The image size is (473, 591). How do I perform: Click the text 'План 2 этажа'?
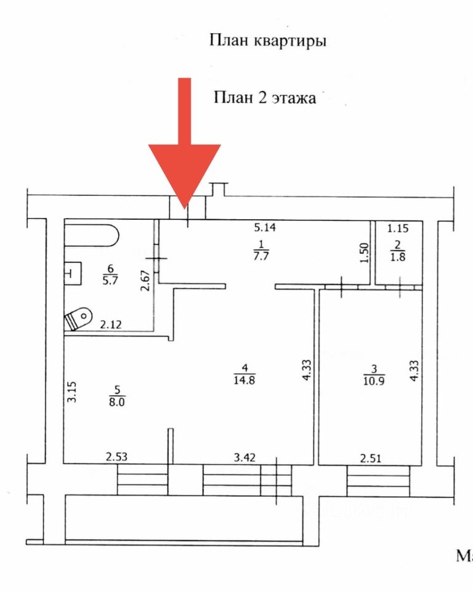click(x=265, y=98)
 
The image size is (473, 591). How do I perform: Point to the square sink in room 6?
click(x=73, y=272)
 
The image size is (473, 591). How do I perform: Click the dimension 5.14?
click(x=266, y=227)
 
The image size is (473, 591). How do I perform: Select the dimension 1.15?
click(x=398, y=228)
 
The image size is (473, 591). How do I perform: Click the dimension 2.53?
click(x=117, y=457)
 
